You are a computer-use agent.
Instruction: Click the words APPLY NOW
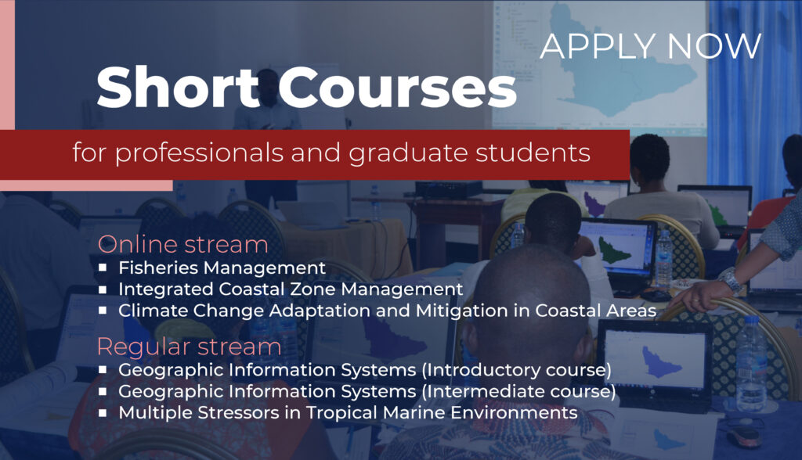tap(651, 46)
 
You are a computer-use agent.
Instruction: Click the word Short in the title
tap(178, 87)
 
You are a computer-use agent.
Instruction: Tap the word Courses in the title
tap(397, 88)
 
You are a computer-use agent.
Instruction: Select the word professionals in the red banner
tap(200, 153)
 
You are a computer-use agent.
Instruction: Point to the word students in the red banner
tap(533, 153)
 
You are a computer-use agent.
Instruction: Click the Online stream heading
tap(182, 244)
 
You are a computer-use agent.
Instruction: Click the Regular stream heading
tap(190, 347)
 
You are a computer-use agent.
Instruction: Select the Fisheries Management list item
tap(222, 268)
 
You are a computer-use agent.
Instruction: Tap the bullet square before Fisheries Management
tap(103, 268)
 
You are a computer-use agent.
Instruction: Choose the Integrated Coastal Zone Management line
tap(291, 289)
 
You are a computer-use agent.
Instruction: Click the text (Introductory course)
tap(517, 369)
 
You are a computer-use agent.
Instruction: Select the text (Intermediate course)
tap(519, 391)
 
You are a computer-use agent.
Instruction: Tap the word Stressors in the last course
tap(238, 412)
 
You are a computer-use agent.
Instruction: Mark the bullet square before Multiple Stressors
tap(103, 412)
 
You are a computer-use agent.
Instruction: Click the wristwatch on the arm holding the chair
tap(731, 279)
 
